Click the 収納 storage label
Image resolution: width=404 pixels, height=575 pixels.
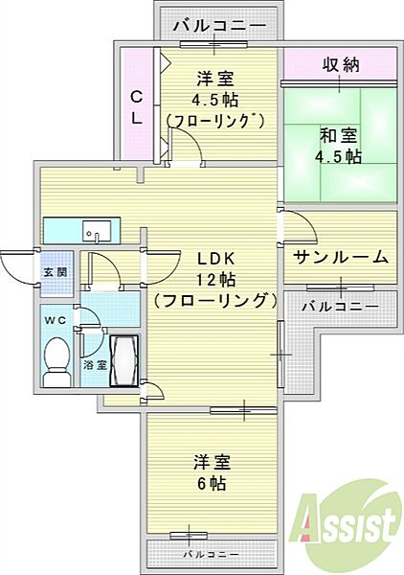[x=339, y=65]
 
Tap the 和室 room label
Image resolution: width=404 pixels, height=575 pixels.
[x=339, y=135]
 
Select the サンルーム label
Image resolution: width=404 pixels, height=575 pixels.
[x=340, y=256]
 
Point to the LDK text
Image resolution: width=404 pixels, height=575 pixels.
[x=216, y=259]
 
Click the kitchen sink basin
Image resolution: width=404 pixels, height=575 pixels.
[x=94, y=231]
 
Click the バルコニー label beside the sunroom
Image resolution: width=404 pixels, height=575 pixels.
[x=339, y=307]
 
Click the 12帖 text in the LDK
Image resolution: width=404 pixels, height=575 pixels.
[x=216, y=279]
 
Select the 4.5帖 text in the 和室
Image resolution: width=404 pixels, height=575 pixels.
[x=341, y=156]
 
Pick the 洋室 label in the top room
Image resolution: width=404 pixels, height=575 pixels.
[x=217, y=79]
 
